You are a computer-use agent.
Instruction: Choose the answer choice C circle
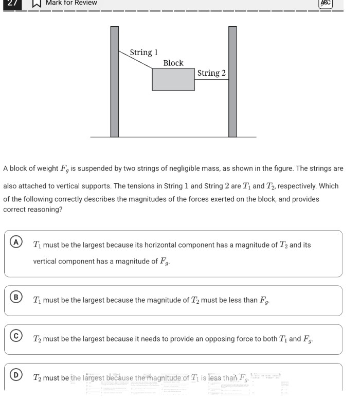click(x=17, y=336)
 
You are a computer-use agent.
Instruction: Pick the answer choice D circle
click(x=17, y=375)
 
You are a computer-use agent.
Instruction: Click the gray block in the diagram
click(x=173, y=79)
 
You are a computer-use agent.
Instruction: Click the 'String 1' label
click(x=143, y=53)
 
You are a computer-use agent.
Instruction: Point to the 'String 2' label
click(x=211, y=73)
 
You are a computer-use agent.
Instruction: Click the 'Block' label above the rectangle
click(x=173, y=63)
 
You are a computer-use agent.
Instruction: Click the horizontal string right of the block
click(x=211, y=80)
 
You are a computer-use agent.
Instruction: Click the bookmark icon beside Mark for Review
click(x=37, y=3)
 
